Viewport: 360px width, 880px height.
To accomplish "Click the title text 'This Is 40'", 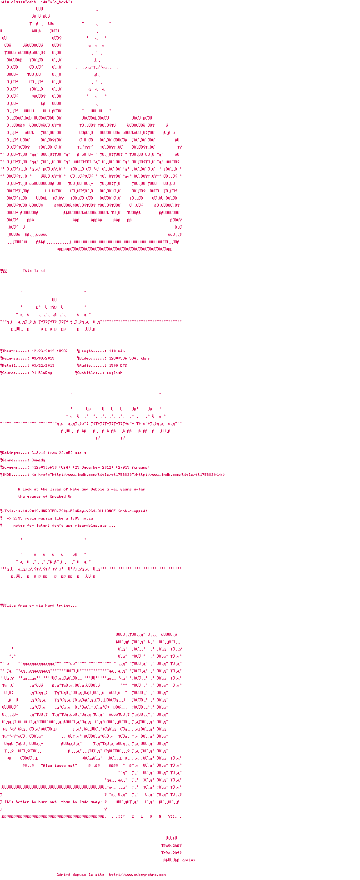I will (34, 271).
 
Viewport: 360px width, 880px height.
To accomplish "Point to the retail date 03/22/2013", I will (43, 366).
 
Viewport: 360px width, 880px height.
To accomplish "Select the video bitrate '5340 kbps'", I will (140, 359).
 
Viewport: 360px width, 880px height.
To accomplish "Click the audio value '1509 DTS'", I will (118, 366).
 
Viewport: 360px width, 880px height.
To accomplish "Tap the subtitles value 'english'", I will (115, 373).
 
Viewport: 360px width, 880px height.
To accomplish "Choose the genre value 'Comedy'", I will (39, 460).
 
